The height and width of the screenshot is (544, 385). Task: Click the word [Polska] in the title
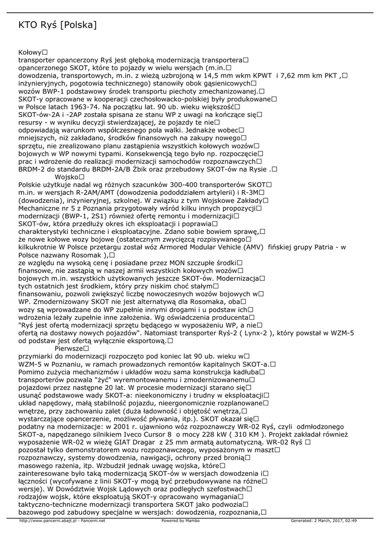tap(79, 25)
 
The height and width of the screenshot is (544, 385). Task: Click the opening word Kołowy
tap(30, 53)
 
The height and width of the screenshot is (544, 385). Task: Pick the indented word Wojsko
tap(66, 177)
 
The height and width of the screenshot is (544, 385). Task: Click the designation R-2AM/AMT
tap(85, 192)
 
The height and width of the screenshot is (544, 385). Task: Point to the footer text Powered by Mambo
tap(179, 521)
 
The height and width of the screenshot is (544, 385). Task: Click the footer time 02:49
tap(350, 521)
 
